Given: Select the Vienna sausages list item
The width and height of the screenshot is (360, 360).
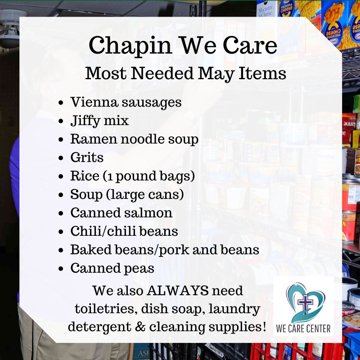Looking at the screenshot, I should (x=126, y=102).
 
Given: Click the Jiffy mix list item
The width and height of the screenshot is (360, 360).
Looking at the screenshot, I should (x=99, y=121).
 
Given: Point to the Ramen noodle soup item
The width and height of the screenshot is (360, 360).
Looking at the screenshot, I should (x=134, y=139).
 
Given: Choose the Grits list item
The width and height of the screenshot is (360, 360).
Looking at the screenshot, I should (x=87, y=157).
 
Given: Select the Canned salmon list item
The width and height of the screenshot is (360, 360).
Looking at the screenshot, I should (x=121, y=213).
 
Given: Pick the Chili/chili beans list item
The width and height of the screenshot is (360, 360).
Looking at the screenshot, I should (x=124, y=231).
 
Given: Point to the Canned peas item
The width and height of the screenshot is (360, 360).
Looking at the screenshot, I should (x=112, y=268).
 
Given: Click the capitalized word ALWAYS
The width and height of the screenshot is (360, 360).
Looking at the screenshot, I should (x=178, y=291).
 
